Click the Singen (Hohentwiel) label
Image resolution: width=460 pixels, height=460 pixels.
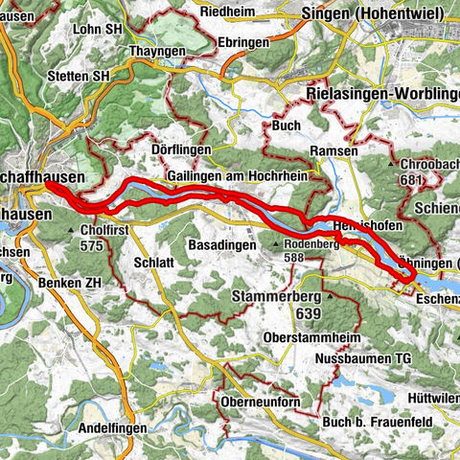372,12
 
